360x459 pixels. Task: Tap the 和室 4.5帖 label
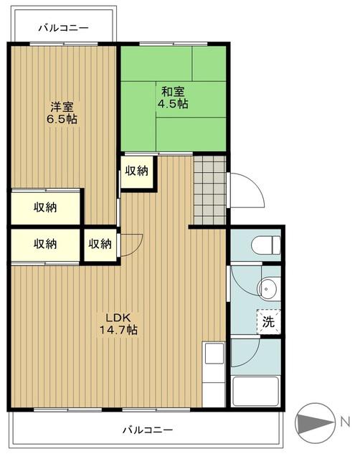pos(173,98)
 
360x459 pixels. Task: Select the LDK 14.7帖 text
pos(118,323)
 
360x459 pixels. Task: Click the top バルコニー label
pos(64,28)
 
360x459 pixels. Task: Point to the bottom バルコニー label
pos(148,430)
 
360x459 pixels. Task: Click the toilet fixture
pos(266,245)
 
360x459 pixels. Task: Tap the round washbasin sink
pos(266,289)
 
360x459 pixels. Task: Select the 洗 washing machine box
pos(268,322)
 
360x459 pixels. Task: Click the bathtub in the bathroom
pos(255,391)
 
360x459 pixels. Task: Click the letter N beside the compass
pos(346,422)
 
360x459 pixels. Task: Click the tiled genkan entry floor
pos(209,190)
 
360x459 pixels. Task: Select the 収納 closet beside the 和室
pos(137,172)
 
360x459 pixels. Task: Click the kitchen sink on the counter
pos(214,354)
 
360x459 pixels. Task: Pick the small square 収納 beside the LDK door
pos(100,245)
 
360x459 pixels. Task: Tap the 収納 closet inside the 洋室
pos(45,208)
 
